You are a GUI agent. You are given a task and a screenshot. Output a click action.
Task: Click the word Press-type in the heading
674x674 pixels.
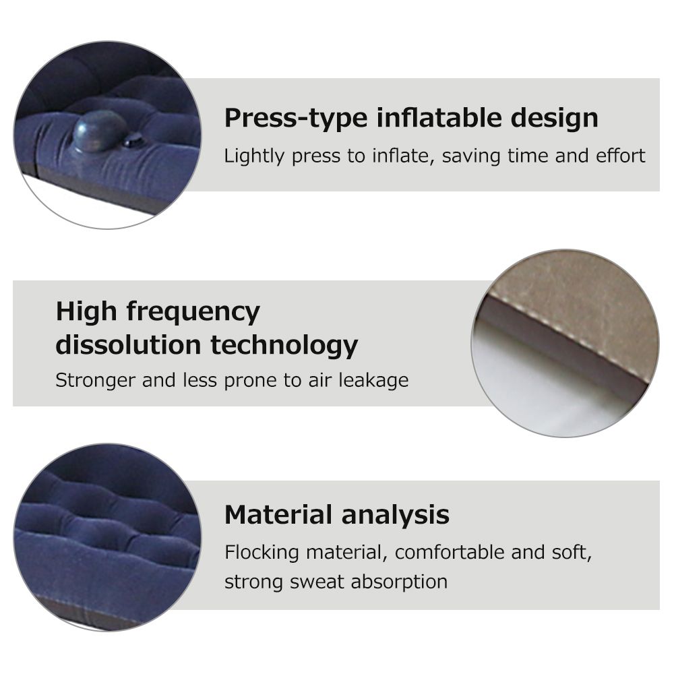point(296,119)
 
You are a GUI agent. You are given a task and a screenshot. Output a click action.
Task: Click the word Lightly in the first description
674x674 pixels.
point(254,156)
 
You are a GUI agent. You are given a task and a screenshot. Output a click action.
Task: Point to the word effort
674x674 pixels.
point(620,156)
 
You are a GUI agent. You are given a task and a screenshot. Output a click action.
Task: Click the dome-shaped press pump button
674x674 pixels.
point(100,131)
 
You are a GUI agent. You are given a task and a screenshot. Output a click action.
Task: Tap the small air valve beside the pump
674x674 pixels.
point(134,140)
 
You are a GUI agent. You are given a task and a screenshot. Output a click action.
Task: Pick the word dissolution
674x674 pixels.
point(129,344)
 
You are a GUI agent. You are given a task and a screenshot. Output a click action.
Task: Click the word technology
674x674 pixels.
point(284,346)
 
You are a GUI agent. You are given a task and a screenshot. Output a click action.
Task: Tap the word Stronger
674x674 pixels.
point(96,381)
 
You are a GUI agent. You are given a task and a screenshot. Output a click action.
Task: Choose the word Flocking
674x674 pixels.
point(262,553)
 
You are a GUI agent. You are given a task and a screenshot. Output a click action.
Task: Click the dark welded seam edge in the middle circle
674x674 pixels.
point(563,344)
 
